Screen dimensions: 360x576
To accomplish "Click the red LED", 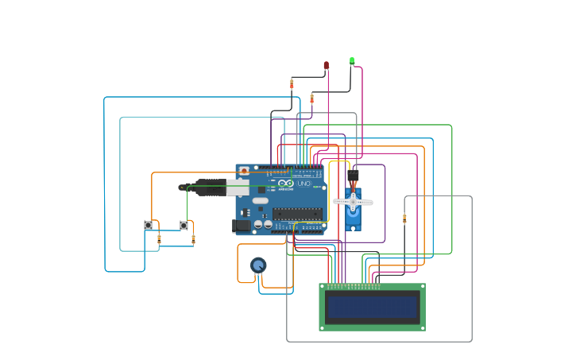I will point(326,65).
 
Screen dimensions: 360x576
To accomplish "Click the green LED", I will point(352,60).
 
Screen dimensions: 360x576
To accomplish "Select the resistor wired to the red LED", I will point(292,83).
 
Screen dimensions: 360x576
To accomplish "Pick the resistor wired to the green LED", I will point(311,99).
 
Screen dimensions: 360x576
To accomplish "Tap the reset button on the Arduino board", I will point(244,170).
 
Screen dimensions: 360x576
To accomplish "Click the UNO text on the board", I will point(304,184).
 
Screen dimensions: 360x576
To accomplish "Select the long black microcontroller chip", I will point(297,213).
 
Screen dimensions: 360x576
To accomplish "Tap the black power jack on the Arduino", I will point(242,226).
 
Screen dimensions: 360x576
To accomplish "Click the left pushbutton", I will point(148,226).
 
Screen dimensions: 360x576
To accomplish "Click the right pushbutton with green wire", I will point(184,226).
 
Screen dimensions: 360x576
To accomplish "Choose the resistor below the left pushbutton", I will point(159,238).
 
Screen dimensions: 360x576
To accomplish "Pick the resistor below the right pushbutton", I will point(193,238).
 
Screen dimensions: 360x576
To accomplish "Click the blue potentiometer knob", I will point(258,265).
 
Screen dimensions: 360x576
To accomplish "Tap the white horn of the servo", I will point(353,202).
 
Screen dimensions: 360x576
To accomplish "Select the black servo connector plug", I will point(353,175).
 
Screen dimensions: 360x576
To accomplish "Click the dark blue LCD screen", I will point(372,307).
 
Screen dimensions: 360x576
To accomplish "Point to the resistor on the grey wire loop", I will point(404,219).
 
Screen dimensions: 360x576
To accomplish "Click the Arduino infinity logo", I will point(286,184).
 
